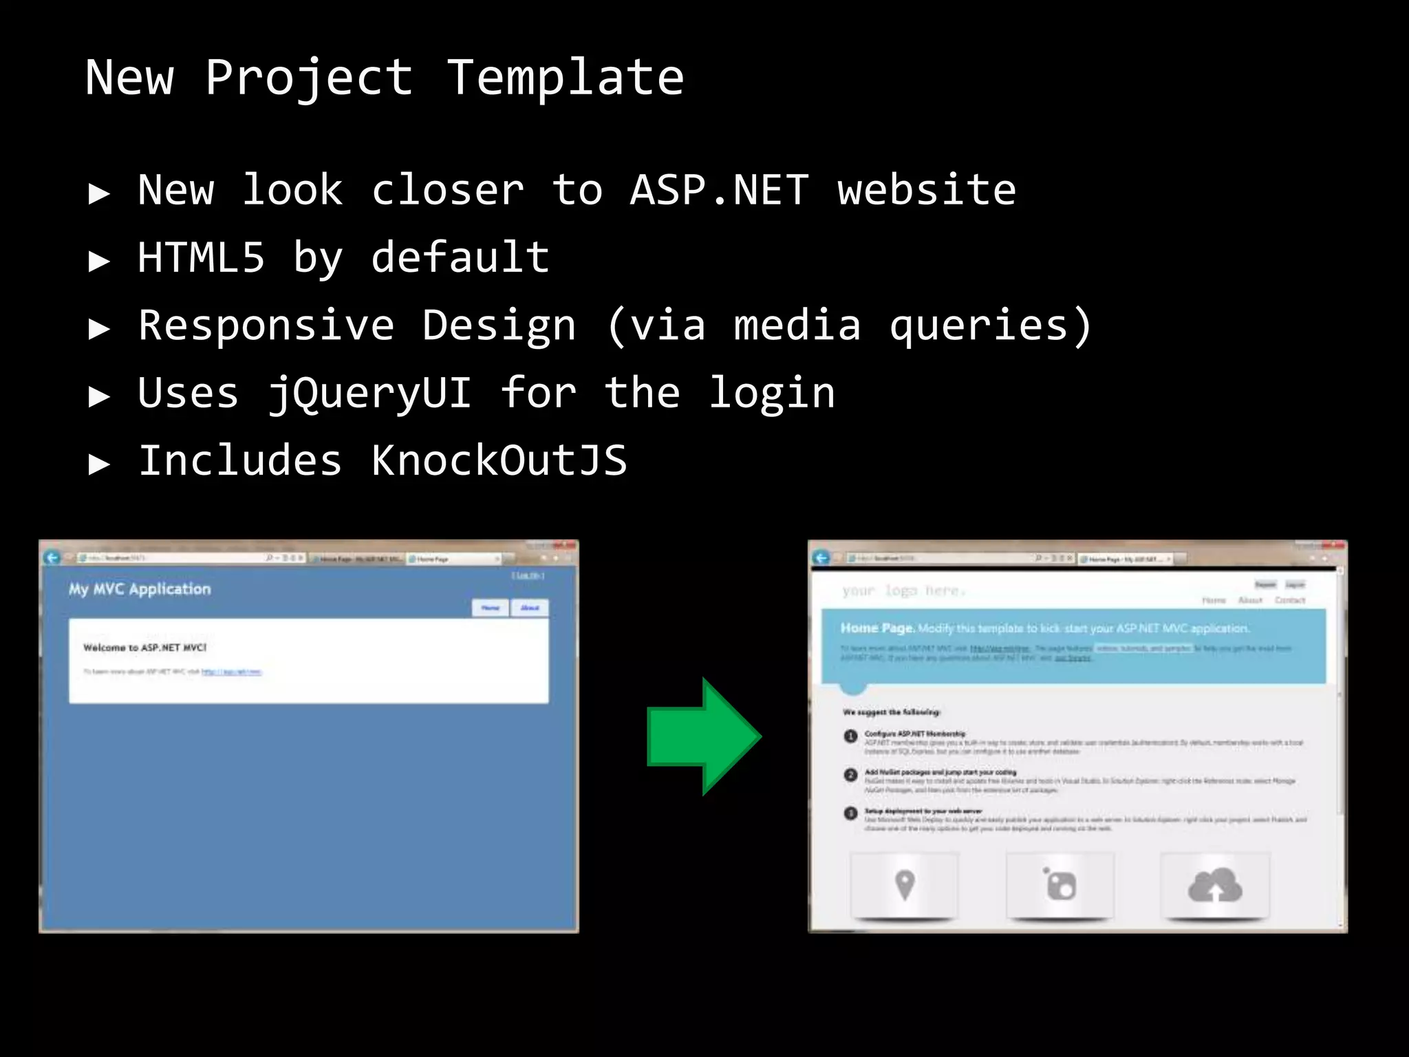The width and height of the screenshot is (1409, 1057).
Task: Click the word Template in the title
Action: [566, 77]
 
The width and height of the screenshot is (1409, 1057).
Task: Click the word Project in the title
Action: [310, 77]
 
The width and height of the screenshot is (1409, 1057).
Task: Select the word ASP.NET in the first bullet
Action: [719, 190]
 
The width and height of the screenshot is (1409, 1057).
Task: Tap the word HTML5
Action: [201, 257]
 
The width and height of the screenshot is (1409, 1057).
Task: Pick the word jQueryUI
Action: [369, 393]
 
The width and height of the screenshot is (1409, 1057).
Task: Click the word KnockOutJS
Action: [499, 460]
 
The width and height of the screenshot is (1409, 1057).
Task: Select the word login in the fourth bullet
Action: [772, 393]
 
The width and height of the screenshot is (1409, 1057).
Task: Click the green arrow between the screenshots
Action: [702, 736]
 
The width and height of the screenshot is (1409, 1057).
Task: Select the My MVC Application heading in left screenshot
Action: [140, 589]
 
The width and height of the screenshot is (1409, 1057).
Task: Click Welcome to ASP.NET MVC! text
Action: [144, 648]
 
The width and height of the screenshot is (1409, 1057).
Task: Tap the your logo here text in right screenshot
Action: [903, 590]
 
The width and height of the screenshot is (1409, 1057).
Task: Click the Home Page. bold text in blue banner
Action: [877, 628]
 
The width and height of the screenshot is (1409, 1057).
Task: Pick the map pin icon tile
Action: [905, 885]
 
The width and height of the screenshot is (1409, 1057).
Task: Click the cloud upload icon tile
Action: [1215, 885]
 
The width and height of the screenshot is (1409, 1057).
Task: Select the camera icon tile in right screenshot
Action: [1060, 885]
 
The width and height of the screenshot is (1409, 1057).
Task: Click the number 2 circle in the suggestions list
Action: [850, 775]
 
